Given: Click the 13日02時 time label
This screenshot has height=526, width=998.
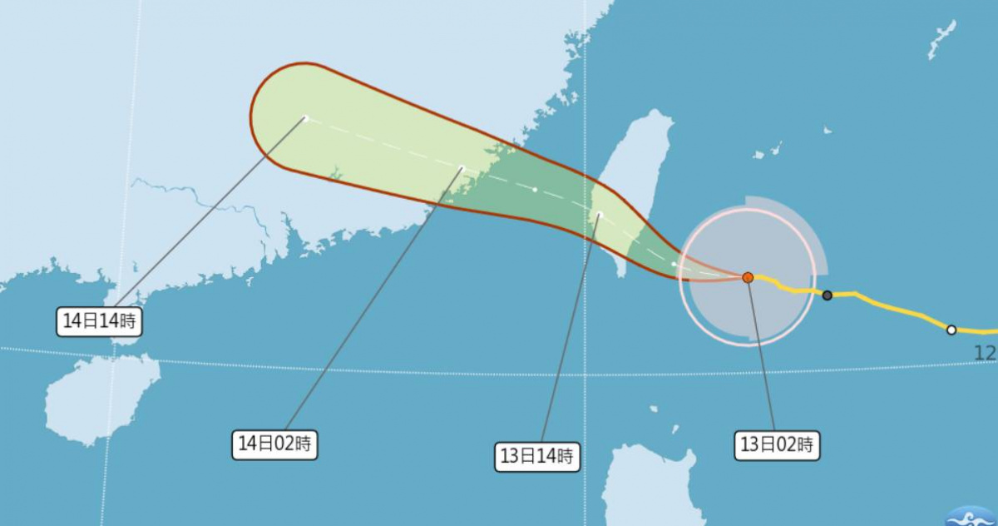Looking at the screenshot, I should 777,444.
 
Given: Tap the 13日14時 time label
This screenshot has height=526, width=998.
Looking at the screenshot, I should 536,456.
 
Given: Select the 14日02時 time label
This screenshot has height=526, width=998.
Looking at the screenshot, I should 274,444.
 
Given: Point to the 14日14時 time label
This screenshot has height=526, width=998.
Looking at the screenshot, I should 97,320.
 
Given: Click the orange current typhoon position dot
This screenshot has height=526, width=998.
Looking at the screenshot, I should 748,277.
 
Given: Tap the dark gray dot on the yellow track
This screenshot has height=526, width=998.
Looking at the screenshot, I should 827,295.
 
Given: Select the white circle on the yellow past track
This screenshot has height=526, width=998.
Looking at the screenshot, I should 951,330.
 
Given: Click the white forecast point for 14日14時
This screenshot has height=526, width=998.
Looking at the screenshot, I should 306,118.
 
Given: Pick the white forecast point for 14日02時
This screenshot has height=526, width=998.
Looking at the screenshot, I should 462,168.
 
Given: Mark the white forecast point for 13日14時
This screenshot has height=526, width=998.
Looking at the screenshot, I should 599,216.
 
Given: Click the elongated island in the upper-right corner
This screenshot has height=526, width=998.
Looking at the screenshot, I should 941,40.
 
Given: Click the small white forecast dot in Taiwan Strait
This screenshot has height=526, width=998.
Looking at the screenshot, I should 535,190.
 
